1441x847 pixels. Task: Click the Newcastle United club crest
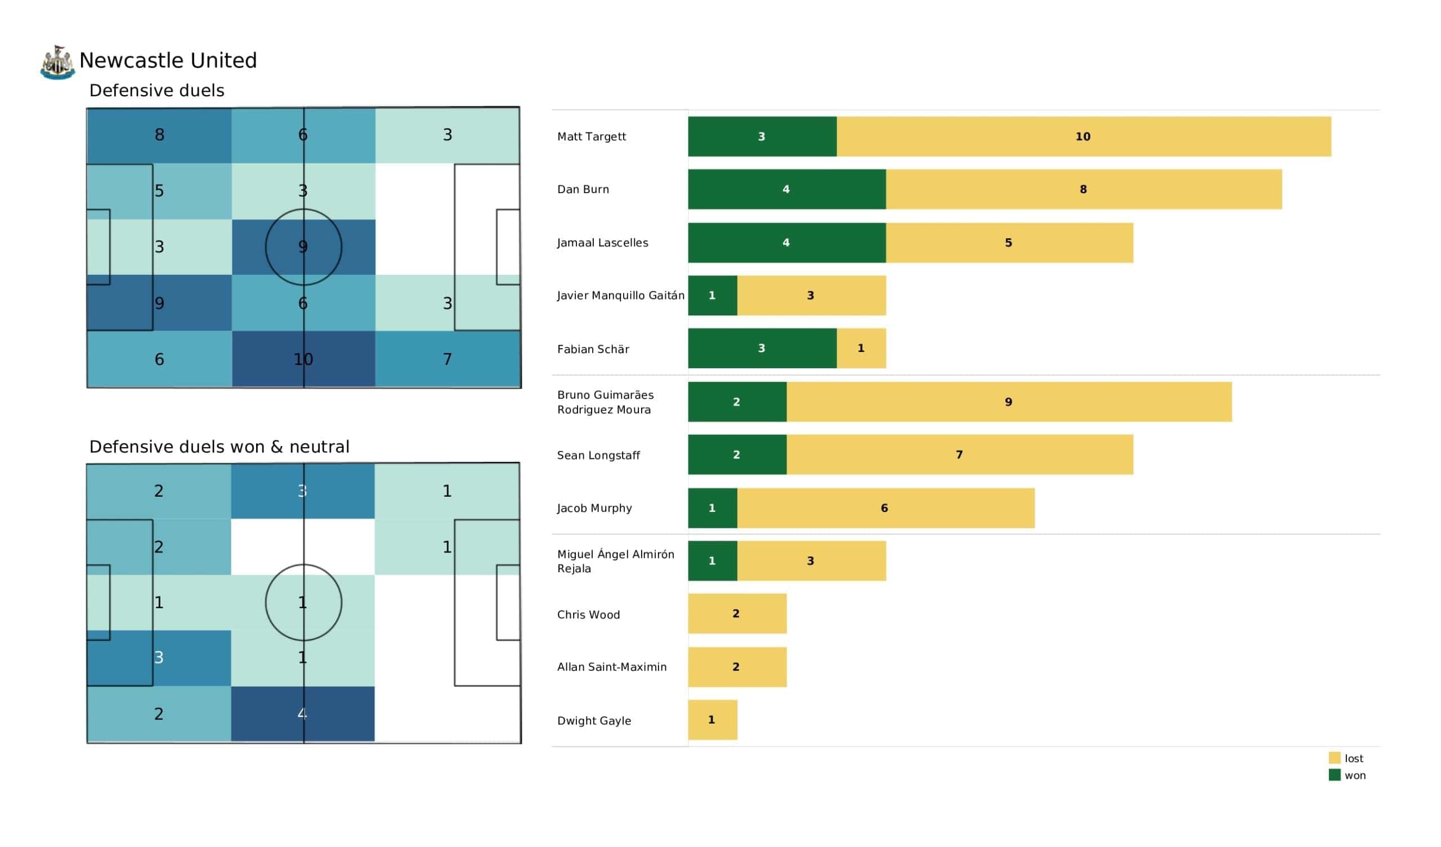click(57, 63)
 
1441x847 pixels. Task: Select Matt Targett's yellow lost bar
click(1083, 136)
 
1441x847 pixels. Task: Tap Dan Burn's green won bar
click(786, 189)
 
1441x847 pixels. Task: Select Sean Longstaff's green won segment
click(736, 454)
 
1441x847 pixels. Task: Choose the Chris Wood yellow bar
click(736, 613)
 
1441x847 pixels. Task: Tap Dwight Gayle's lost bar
click(712, 720)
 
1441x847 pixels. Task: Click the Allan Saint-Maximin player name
click(611, 667)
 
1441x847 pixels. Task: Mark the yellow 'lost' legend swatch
click(1334, 757)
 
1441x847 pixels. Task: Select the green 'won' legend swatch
click(1334, 775)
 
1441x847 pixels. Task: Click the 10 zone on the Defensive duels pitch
click(303, 359)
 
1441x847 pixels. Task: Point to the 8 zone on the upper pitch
click(159, 135)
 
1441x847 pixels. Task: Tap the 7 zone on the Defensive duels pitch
click(447, 359)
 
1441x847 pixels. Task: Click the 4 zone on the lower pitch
click(302, 714)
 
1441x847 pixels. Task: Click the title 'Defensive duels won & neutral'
click(219, 447)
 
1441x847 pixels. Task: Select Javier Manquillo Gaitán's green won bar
click(712, 295)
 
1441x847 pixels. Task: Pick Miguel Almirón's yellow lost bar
click(811, 561)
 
